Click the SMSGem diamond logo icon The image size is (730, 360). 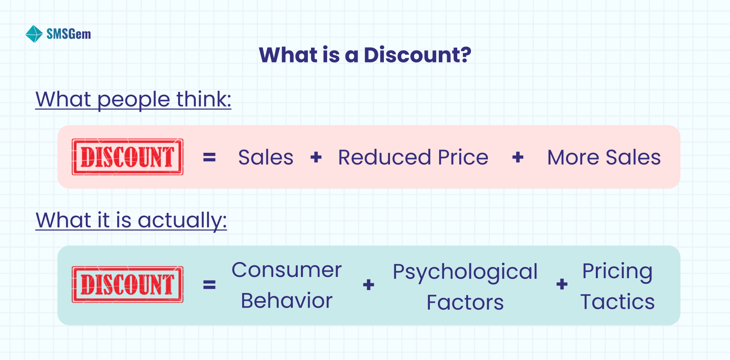[34, 34]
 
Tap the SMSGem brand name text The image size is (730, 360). [69, 34]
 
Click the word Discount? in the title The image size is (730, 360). [417, 55]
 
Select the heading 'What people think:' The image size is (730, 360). [133, 99]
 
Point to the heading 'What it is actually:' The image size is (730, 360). [131, 220]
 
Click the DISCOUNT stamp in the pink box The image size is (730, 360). [128, 157]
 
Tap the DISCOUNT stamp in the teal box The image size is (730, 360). [128, 284]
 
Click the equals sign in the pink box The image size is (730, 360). [209, 157]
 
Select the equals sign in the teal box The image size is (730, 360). [209, 285]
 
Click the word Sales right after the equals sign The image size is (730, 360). [265, 157]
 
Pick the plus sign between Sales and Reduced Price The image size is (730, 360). [316, 157]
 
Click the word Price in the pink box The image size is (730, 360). [463, 157]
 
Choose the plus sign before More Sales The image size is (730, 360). [518, 157]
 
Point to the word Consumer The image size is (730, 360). [286, 270]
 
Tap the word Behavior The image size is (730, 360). [286, 301]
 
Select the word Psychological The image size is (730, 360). [465, 272]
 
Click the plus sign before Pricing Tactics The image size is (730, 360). [562, 284]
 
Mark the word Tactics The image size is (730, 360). [617, 302]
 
